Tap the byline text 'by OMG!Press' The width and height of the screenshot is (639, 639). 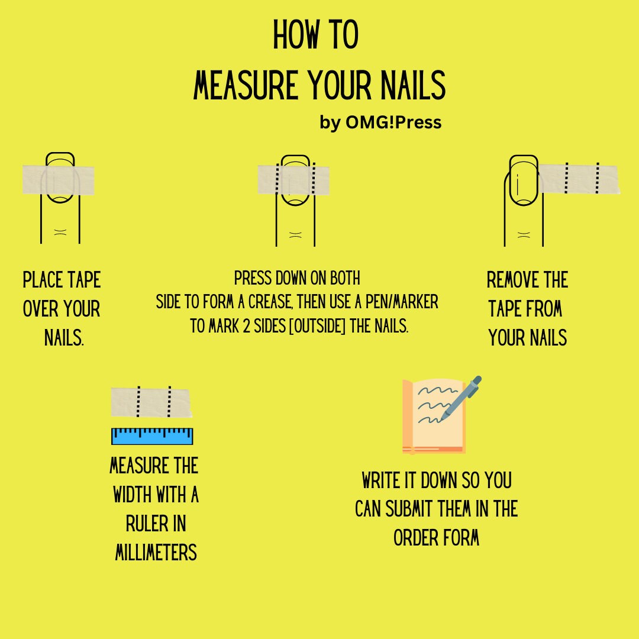[380, 122]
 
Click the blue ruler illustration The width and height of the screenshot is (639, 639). [152, 436]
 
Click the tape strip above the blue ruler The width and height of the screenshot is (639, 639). [151, 402]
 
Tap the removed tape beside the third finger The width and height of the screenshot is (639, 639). [580, 178]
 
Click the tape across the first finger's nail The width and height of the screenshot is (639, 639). [58, 180]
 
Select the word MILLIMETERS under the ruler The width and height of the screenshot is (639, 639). [156, 553]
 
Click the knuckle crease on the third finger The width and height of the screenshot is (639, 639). [523, 234]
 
